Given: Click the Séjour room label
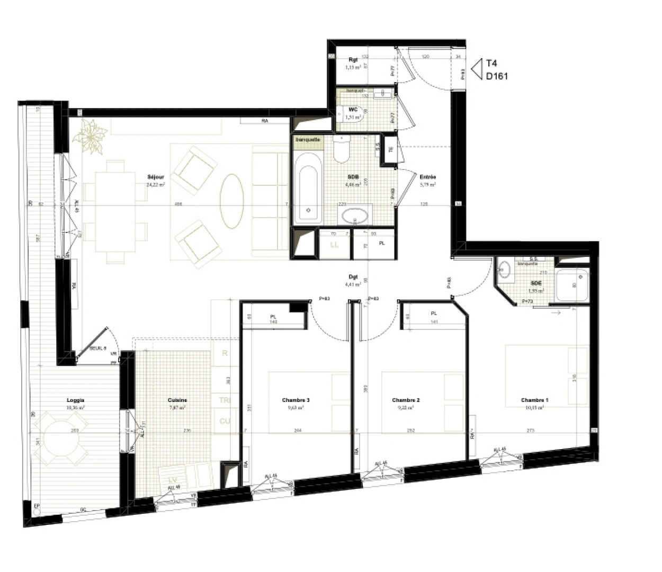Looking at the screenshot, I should coord(156,177).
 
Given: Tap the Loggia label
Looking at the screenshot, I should coord(76,400).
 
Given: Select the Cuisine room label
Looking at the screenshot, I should coord(177,400).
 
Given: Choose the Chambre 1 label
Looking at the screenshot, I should coord(534,400).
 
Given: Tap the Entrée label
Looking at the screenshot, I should coord(427,177).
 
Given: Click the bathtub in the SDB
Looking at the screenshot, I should coord(308,187).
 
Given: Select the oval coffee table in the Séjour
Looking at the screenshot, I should coord(232,201).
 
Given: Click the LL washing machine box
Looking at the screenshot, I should coord(334,245).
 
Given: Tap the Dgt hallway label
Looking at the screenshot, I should coord(353,277).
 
